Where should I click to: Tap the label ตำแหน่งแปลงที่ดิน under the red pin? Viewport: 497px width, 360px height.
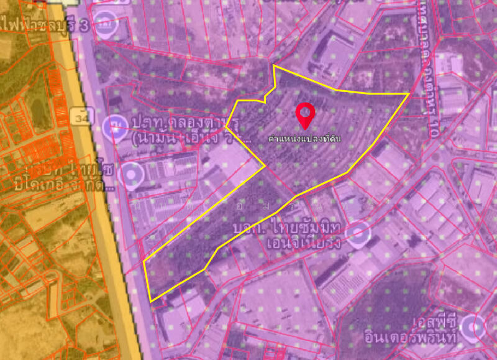point(304,137)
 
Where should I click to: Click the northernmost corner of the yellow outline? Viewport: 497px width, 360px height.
point(274,65)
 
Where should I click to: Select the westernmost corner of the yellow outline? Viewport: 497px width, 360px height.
point(144,262)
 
